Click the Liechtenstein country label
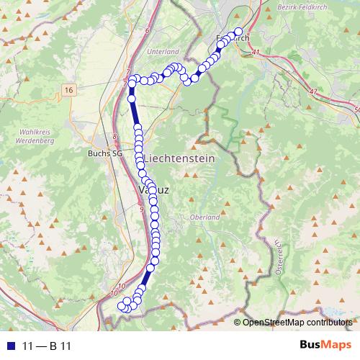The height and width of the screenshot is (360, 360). click(179, 158)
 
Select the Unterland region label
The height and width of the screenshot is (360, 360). click(162, 53)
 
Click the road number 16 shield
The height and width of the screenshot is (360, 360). click(69, 89)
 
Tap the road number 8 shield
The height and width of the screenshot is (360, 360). click(114, 137)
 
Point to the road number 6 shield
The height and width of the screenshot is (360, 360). click(146, 31)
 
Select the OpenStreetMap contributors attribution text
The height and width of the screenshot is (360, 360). click(297, 323)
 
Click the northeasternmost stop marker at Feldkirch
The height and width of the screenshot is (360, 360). click(239, 31)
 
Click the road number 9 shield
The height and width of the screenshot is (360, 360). click(143, 210)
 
